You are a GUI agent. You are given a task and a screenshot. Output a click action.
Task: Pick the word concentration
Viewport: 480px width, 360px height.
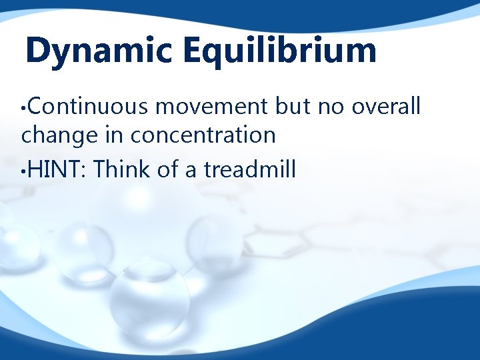[x=203, y=135]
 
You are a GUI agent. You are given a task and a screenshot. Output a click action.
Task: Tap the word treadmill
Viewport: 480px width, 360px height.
[x=250, y=169]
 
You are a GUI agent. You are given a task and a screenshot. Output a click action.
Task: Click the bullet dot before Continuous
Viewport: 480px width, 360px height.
[x=24, y=107]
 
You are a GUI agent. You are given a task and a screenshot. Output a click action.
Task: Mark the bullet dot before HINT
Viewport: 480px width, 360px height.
[x=24, y=171]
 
